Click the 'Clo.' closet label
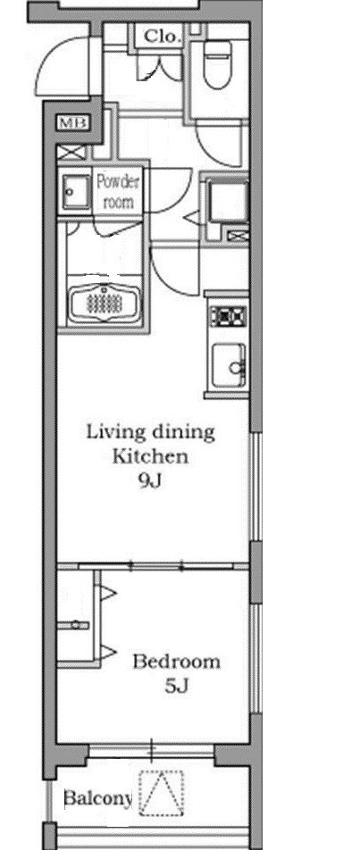(x=162, y=37)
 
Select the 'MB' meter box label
(x=73, y=123)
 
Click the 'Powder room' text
(x=118, y=192)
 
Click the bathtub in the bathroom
(x=105, y=302)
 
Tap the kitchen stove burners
(x=229, y=315)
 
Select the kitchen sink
(x=229, y=366)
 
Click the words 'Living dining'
(x=151, y=432)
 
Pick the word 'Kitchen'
(x=150, y=456)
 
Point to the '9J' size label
(x=150, y=481)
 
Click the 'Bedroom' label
(x=177, y=662)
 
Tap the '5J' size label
(x=176, y=687)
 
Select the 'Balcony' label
(x=97, y=798)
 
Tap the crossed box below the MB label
(x=71, y=153)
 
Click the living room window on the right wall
(x=255, y=487)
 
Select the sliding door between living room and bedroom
(x=156, y=566)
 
